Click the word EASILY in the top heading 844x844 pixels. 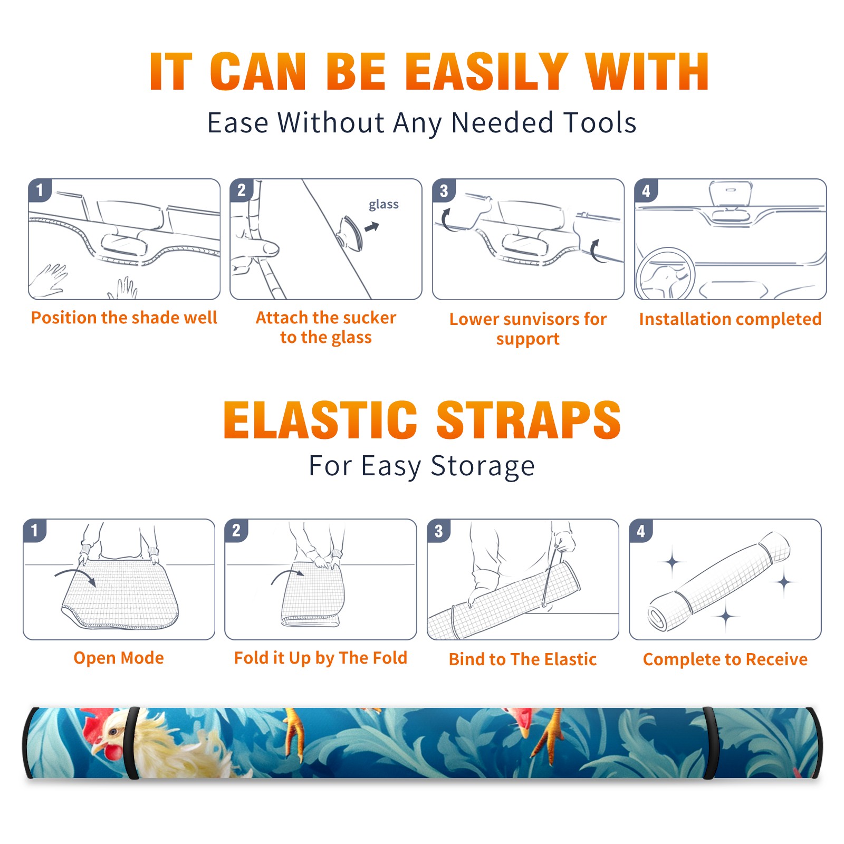click(486, 72)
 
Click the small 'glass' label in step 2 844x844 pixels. click(383, 205)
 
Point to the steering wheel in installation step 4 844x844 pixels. click(665, 274)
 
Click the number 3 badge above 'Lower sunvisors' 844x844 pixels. click(444, 190)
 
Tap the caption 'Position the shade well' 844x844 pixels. click(124, 318)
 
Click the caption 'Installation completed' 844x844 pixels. click(730, 319)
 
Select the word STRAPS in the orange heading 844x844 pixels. click(529, 420)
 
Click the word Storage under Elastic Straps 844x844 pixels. click(483, 466)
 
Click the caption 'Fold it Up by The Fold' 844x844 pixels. click(321, 658)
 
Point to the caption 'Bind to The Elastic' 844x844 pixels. click(523, 659)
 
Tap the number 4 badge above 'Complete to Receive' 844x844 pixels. click(641, 531)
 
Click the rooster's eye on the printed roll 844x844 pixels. click(112, 731)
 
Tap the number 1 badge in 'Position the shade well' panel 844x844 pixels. click(40, 190)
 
